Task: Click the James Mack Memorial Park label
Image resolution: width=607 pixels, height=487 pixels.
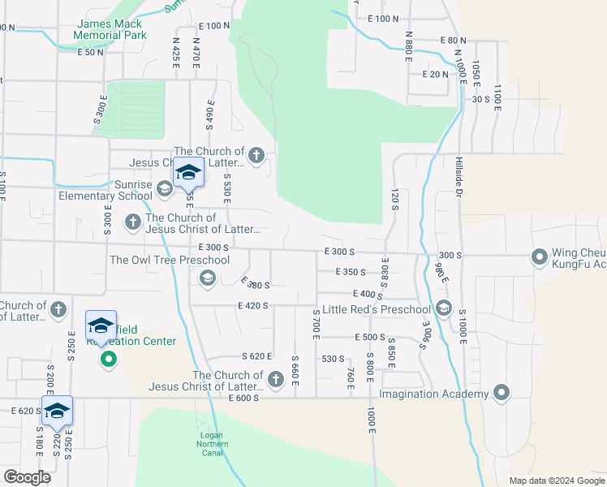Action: point(110,30)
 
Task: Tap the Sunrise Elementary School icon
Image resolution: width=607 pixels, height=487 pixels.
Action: point(164,190)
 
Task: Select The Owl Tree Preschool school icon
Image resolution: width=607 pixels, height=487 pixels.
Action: point(207,279)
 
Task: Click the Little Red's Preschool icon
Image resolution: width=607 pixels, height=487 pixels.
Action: point(443,308)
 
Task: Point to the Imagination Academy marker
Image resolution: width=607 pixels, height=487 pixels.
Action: point(502,394)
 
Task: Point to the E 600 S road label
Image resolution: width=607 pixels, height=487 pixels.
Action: point(243,398)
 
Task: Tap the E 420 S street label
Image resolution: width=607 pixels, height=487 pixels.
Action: point(253,305)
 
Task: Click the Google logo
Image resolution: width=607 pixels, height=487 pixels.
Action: point(26,477)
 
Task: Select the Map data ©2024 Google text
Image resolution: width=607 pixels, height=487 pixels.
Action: point(556,481)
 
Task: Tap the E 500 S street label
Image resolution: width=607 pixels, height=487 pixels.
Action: point(368,337)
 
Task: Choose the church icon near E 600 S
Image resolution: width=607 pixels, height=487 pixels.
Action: point(275,378)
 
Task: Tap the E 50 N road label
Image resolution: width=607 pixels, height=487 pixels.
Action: point(91,52)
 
